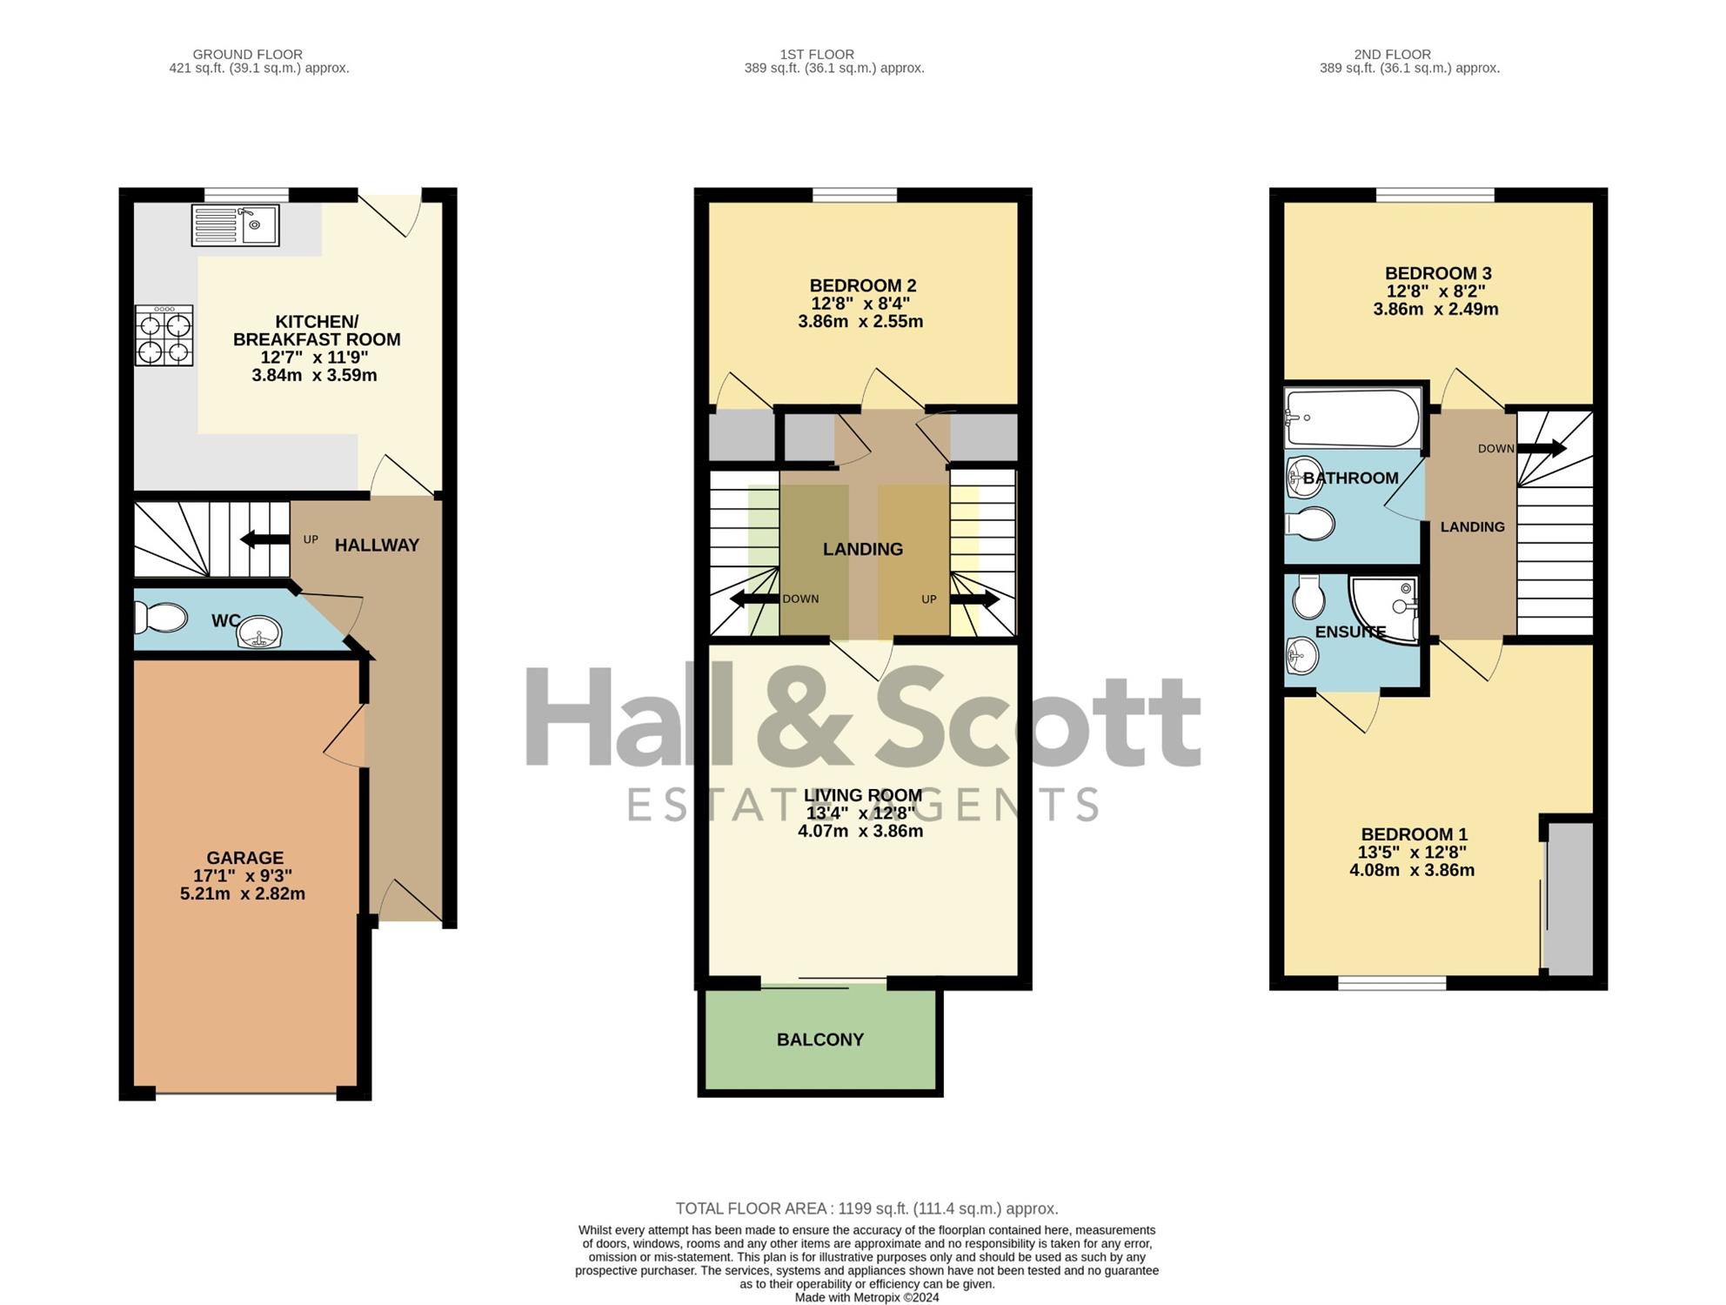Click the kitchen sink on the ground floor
point(235,224)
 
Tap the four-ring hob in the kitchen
point(164,335)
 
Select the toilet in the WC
point(161,618)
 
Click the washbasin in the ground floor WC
point(259,632)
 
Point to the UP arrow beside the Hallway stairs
point(265,539)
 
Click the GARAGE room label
point(245,858)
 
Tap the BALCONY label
point(820,1040)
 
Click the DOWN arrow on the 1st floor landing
point(754,599)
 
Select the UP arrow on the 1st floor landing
point(974,599)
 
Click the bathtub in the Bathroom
point(1353,418)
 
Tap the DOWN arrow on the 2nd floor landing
point(1542,449)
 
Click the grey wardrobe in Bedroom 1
point(1569,898)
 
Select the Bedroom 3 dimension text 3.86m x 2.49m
point(1435,309)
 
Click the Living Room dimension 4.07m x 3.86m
point(860,831)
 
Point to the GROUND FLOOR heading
point(248,54)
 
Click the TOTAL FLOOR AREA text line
point(866,1208)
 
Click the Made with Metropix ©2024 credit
point(866,1297)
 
